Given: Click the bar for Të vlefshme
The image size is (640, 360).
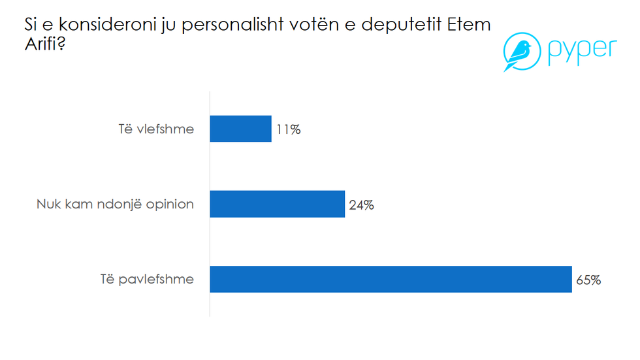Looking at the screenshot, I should point(240,129).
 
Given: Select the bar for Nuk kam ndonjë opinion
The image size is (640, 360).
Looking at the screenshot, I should point(277,204).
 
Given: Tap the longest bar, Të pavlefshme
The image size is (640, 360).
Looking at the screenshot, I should point(391,279).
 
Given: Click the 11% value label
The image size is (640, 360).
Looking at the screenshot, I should point(287,129).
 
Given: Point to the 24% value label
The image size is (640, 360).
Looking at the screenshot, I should point(361,205).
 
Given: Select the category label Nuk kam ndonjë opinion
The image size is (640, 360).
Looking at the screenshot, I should point(115,205).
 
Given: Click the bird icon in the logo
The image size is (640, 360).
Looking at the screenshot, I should point(519,53).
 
